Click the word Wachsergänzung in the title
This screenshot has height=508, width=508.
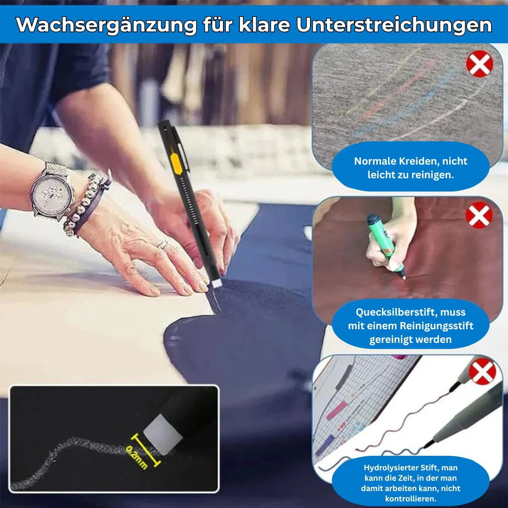pyautogui.click(x=106, y=25)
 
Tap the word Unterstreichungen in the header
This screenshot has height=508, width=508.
pyautogui.click(x=394, y=25)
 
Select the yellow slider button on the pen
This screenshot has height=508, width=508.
pyautogui.click(x=175, y=164)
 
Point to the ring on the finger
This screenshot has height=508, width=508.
pyautogui.click(x=163, y=245)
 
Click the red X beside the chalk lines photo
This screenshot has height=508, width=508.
pyautogui.click(x=479, y=64)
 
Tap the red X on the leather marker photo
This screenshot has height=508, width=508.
pyautogui.click(x=479, y=215)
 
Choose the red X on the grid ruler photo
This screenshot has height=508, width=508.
pyautogui.click(x=483, y=371)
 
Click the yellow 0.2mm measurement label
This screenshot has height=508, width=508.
pyautogui.click(x=136, y=457)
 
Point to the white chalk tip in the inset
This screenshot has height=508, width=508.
pyautogui.click(x=163, y=434)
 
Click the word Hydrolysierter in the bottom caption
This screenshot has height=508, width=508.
pyautogui.click(x=388, y=468)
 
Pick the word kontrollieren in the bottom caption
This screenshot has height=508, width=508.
pyautogui.click(x=411, y=498)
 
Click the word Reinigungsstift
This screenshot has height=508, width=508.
pyautogui.click(x=437, y=325)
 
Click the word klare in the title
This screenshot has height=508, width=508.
pyautogui.click(x=264, y=25)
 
